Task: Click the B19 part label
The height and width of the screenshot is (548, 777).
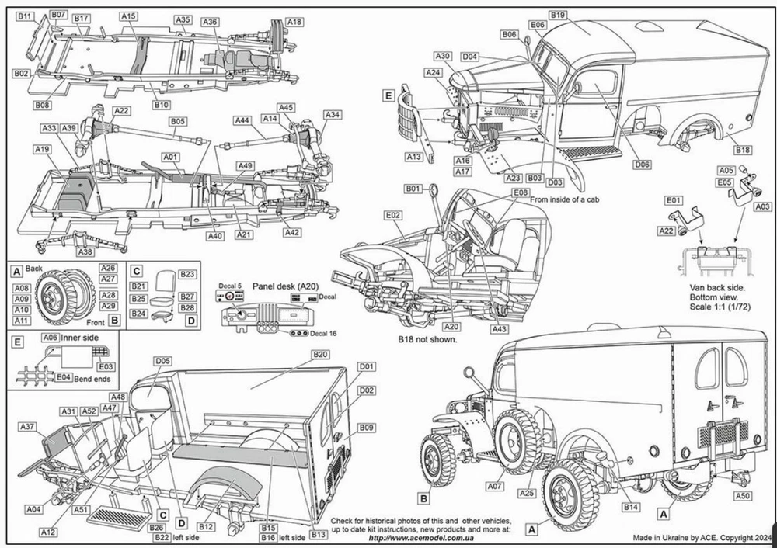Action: point(557,15)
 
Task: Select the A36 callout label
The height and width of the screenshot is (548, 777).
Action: point(210,23)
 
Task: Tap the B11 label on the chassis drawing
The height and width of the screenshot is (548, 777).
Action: point(25,16)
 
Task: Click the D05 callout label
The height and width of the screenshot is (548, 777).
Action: point(162,361)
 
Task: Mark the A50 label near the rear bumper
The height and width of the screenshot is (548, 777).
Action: point(743,495)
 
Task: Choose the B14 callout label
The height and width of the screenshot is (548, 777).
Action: point(632,507)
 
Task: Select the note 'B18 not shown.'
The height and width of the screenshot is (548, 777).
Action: point(427,339)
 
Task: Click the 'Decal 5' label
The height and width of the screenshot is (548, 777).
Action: point(229,285)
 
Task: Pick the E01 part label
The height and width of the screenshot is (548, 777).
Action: point(674,200)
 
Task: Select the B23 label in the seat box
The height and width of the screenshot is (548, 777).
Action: point(187,274)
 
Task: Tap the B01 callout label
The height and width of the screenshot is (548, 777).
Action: point(413,189)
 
